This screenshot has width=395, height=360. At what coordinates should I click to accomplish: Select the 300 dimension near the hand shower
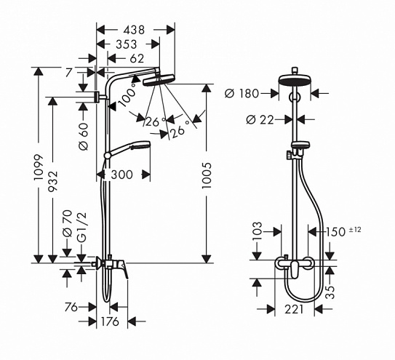pos(123,175)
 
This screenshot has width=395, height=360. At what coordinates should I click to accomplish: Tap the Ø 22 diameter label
pos(260,119)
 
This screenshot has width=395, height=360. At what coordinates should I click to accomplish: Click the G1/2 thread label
pos(82,230)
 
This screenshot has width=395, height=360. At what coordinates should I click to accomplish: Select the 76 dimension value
pos(71,308)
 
